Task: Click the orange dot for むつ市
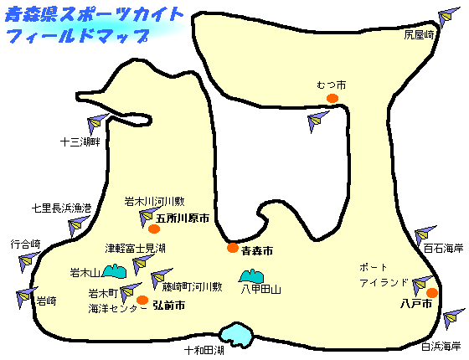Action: (x=332, y=98)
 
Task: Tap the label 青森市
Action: (x=257, y=251)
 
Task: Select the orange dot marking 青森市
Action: (x=233, y=248)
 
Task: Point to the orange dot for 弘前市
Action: (x=142, y=300)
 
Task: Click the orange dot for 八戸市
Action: (x=432, y=293)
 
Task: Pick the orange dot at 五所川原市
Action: (x=154, y=229)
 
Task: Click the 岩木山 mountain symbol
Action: (x=115, y=271)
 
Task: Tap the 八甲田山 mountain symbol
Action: (x=251, y=276)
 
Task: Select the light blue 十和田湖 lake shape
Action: (x=235, y=335)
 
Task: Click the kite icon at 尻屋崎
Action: (x=448, y=17)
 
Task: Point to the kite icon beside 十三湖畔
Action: (x=97, y=123)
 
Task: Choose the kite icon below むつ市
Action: (x=317, y=121)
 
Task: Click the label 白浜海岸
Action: (x=441, y=347)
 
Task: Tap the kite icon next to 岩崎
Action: (x=26, y=297)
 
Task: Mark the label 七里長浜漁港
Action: (x=61, y=208)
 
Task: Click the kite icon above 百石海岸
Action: (x=425, y=236)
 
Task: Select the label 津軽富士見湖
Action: (x=135, y=248)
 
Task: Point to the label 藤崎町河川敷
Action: (x=192, y=287)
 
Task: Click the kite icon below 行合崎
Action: (x=29, y=262)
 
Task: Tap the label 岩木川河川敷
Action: (x=154, y=202)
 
